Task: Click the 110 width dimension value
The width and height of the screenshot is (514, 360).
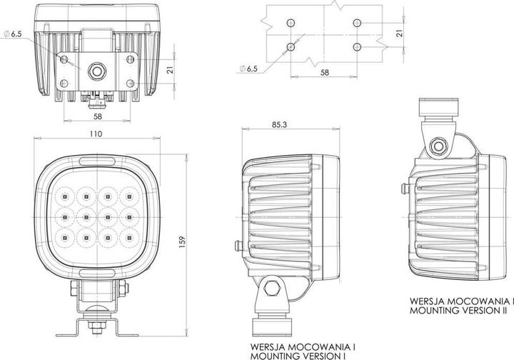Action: tap(96, 134)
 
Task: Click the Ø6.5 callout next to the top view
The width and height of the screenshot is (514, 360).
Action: tap(14, 34)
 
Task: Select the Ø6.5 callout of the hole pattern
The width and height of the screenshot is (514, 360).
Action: tap(249, 69)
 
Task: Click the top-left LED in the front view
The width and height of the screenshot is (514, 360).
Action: tap(63, 193)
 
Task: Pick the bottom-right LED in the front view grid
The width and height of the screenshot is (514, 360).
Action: tap(129, 234)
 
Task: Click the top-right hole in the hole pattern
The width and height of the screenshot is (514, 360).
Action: tap(356, 24)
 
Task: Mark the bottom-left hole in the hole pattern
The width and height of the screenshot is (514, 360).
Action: tap(291, 47)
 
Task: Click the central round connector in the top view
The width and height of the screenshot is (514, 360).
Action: tap(96, 71)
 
